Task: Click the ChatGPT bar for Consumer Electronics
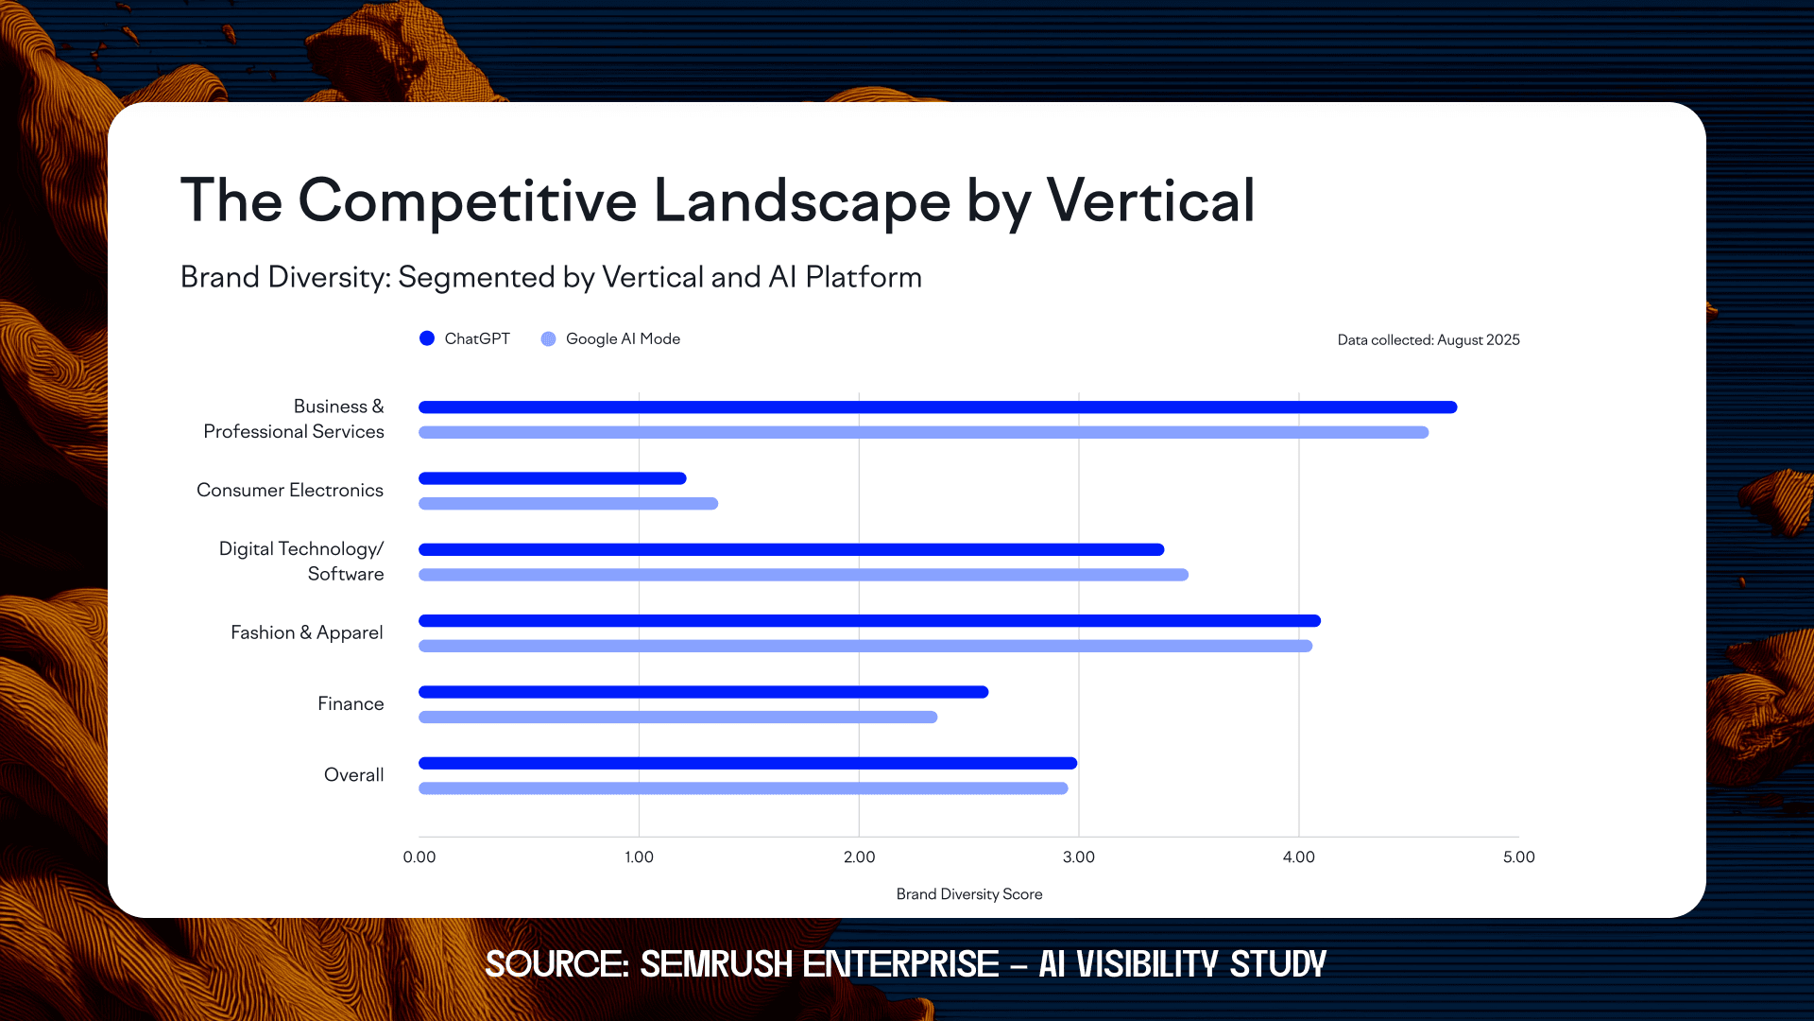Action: [x=553, y=478]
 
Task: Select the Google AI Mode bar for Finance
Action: [x=677, y=718]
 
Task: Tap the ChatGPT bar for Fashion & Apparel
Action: [x=869, y=621]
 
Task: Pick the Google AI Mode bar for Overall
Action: [x=743, y=788]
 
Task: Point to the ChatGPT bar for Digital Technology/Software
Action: [x=791, y=549]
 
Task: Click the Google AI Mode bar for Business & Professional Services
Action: [x=923, y=432]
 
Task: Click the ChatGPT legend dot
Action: [x=427, y=338]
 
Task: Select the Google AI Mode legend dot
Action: [x=548, y=338]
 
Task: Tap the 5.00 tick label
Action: [x=1518, y=857]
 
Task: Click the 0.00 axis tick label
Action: [x=419, y=857]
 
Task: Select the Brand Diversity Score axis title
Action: [x=968, y=894]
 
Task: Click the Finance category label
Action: [x=351, y=703]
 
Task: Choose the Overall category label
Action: [x=353, y=775]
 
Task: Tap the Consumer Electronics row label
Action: [x=290, y=490]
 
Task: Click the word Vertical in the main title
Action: [x=1150, y=200]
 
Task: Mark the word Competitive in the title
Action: [x=468, y=200]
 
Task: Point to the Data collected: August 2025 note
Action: [x=1428, y=339]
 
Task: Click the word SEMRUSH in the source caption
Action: [x=716, y=964]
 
